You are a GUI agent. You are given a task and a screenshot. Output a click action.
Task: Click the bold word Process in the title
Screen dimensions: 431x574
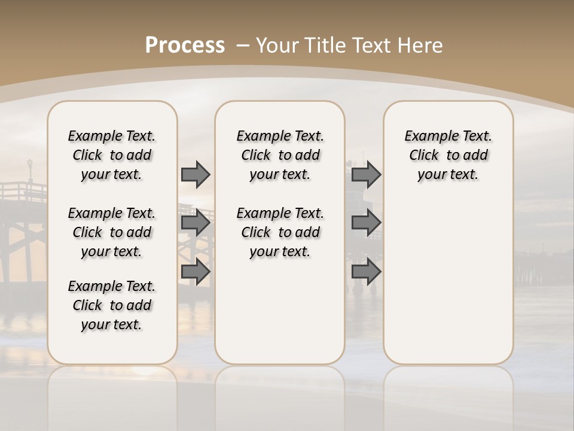click(185, 45)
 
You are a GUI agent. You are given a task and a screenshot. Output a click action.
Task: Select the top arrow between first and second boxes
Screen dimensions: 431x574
click(196, 174)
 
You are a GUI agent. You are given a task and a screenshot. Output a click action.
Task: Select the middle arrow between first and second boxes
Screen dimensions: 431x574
click(196, 223)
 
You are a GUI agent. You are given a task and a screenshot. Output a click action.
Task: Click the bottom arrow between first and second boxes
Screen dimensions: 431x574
click(196, 271)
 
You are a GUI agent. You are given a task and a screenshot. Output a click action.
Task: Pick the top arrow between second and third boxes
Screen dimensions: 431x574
click(366, 174)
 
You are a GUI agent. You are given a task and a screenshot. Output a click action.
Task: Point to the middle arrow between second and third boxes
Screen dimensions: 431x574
click(366, 223)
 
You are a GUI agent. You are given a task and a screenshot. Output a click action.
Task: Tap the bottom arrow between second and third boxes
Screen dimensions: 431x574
click(366, 271)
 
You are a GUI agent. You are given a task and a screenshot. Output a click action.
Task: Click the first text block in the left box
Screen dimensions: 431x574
click(112, 155)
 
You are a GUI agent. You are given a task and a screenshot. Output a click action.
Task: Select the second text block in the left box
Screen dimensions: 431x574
click(112, 232)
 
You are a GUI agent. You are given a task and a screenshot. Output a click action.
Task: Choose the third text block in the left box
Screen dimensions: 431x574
click(112, 305)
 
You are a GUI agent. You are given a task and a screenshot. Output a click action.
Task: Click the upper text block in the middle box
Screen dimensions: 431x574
click(280, 155)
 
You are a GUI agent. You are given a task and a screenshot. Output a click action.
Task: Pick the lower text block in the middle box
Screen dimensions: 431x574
click(280, 232)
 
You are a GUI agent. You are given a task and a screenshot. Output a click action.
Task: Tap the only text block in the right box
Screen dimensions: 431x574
click(448, 155)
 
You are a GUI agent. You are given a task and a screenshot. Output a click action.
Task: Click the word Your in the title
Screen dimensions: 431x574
click(277, 45)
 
